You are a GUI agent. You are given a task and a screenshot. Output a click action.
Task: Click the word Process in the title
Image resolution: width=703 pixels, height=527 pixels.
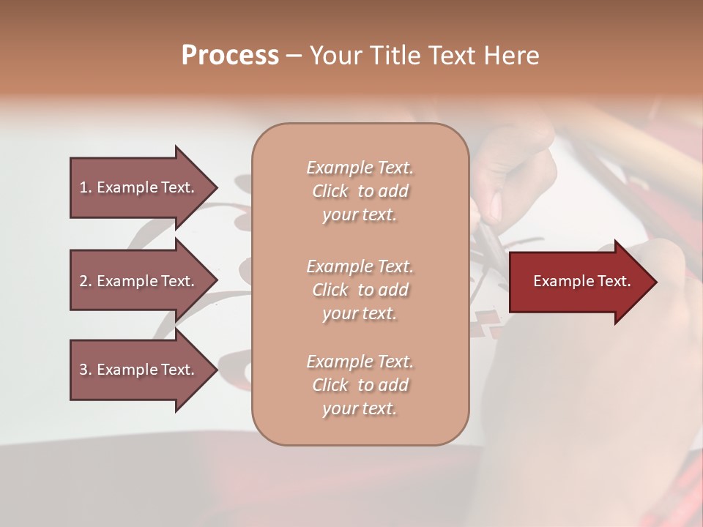click(230, 56)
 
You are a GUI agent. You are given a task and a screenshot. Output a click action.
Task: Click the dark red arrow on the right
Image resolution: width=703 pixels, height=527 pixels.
click(579, 282)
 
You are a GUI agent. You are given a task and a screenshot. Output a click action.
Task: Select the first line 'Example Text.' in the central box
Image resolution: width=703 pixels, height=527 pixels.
click(360, 168)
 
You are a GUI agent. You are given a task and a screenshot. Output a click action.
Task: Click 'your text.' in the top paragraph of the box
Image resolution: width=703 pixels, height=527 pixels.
click(360, 214)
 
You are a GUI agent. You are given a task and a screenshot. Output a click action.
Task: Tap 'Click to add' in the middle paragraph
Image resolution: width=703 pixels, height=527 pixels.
click(360, 290)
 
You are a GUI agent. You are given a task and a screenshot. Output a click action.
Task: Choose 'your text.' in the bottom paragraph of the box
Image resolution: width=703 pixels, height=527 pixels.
click(360, 408)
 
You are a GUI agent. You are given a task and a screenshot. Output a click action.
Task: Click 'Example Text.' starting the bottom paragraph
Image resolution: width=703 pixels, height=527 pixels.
click(360, 362)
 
